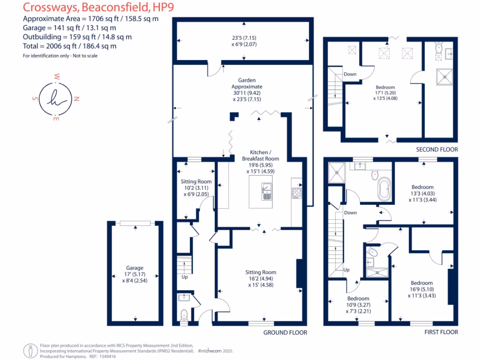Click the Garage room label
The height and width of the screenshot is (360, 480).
[135, 268]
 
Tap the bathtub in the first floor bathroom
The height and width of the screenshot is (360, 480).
[384, 188]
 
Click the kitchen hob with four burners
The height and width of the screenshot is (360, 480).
[297, 192]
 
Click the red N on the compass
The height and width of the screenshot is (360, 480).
[77, 99]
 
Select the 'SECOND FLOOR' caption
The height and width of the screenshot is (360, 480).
[437, 150]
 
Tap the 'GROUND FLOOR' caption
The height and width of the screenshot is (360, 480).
[285, 332]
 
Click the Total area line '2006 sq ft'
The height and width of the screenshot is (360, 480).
[69, 46]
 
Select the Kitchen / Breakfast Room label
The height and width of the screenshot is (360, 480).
[260, 156]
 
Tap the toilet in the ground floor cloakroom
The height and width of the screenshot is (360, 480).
[184, 315]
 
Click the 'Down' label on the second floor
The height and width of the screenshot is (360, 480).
[350, 74]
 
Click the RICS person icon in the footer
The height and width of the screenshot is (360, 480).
[31, 350]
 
